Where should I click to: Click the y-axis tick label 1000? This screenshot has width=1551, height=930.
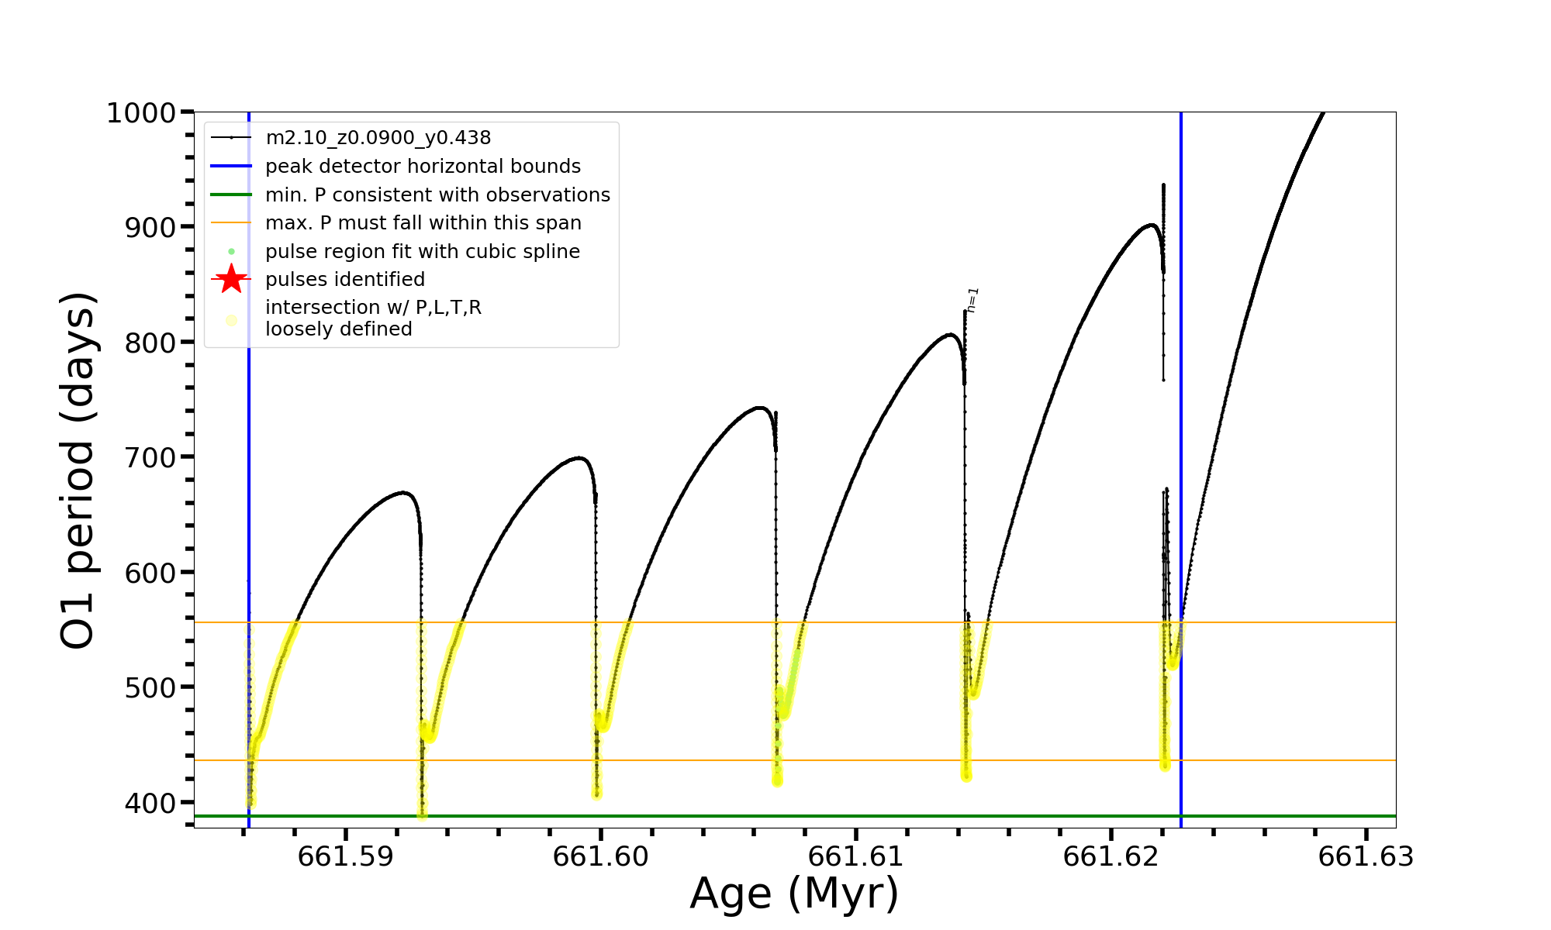[141, 113]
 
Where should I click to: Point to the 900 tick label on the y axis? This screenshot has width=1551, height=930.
[150, 228]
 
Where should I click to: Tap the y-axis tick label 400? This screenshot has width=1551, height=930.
[150, 803]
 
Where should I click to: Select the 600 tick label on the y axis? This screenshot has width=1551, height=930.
[150, 573]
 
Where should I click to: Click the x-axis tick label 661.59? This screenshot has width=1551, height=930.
[345, 856]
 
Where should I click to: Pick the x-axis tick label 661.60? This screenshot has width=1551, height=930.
[600, 856]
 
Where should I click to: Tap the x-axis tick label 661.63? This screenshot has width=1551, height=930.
[1366, 856]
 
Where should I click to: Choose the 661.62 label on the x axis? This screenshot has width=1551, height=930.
[1111, 856]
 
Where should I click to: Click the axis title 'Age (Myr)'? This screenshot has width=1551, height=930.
[794, 894]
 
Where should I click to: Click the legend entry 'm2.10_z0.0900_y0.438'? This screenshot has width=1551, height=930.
[378, 138]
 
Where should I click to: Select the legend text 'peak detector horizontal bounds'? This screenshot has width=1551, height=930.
[423, 167]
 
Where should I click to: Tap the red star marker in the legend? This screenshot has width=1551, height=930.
[231, 279]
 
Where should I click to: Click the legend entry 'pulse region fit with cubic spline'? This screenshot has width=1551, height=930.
[422, 252]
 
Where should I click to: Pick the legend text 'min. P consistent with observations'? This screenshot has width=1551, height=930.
[437, 195]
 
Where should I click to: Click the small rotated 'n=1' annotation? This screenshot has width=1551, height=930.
[973, 300]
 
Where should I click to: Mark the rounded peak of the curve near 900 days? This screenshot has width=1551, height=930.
[1151, 225]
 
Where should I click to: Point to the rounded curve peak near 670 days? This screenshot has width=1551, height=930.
[403, 492]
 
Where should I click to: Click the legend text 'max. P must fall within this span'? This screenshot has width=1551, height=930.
[423, 223]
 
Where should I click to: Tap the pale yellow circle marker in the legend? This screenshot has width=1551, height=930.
[231, 320]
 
